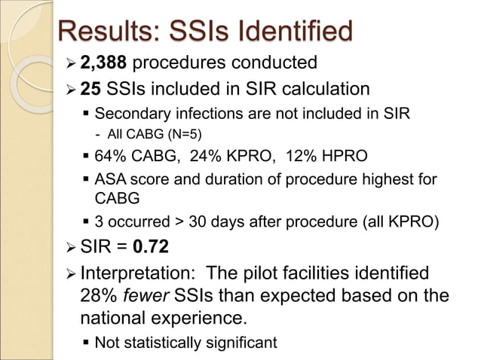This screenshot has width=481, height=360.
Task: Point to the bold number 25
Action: [x=90, y=90]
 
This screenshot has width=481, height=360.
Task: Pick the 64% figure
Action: [x=110, y=157]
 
